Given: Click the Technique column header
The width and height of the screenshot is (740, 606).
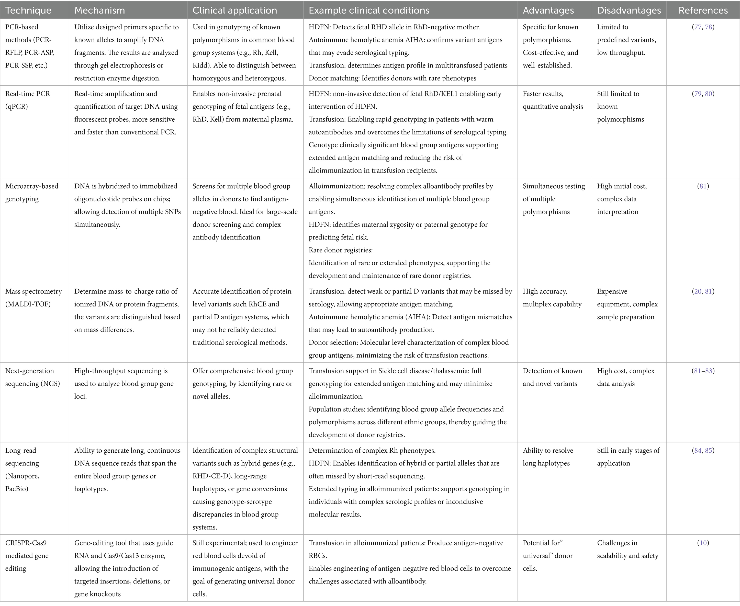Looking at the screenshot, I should (x=28, y=10).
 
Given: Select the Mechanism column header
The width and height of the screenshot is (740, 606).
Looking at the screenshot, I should (x=99, y=10).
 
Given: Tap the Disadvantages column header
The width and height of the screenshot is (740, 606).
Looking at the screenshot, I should (x=629, y=10).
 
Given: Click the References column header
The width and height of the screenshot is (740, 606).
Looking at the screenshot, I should (x=703, y=10).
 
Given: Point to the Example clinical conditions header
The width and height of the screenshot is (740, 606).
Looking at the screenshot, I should (x=369, y=10).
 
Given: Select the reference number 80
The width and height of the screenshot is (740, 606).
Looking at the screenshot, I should (x=709, y=94).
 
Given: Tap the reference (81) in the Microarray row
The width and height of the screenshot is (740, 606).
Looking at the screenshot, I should (x=703, y=186).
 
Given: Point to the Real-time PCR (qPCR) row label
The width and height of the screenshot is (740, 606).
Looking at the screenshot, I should (x=28, y=100).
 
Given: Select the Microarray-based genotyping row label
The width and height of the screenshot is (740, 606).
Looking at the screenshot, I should (x=32, y=193).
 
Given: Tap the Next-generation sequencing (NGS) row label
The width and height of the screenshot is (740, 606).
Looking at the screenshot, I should (x=32, y=377).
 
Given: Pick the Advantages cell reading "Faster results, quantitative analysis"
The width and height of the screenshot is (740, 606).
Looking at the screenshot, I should (x=553, y=100).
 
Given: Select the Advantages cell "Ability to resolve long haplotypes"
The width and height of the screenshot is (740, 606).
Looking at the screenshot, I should (x=548, y=457).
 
